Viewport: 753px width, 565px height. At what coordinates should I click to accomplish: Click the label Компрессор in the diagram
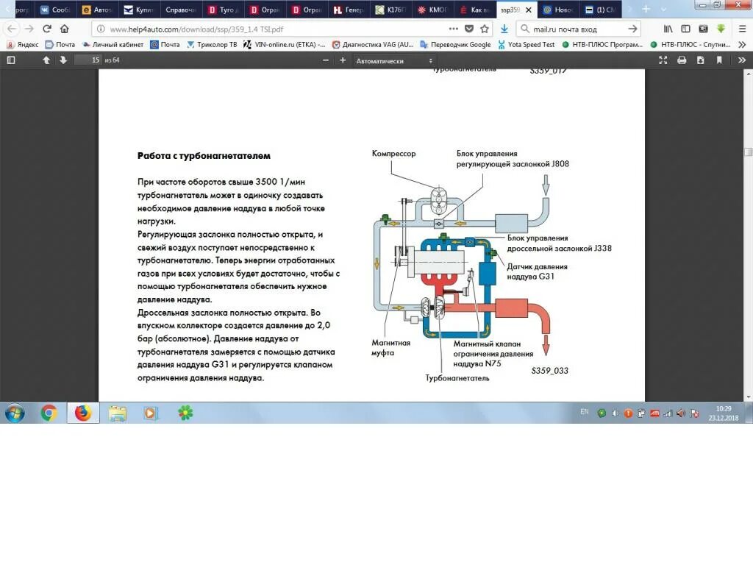pos(393,154)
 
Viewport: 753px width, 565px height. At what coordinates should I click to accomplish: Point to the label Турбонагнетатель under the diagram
pos(457,378)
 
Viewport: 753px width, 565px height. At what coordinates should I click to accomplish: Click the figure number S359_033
pos(550,371)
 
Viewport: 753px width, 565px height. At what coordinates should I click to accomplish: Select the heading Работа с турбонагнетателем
pos(204,156)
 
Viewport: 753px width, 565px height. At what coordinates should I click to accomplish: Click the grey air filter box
pos(512,223)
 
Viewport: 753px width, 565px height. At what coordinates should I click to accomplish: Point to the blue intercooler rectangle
pos(488,274)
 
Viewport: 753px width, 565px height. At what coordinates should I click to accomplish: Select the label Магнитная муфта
pos(391,348)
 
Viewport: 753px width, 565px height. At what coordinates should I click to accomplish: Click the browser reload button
pos(47,29)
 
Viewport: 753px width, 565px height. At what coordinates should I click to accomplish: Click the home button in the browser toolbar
pos(65,29)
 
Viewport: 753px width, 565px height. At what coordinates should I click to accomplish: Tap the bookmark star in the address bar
pos(485,29)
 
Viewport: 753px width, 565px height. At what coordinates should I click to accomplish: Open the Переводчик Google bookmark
pos(454,45)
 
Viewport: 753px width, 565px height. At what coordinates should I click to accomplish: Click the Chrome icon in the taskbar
pos(49,413)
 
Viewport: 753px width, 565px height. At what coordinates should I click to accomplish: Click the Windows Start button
pos(15,413)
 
